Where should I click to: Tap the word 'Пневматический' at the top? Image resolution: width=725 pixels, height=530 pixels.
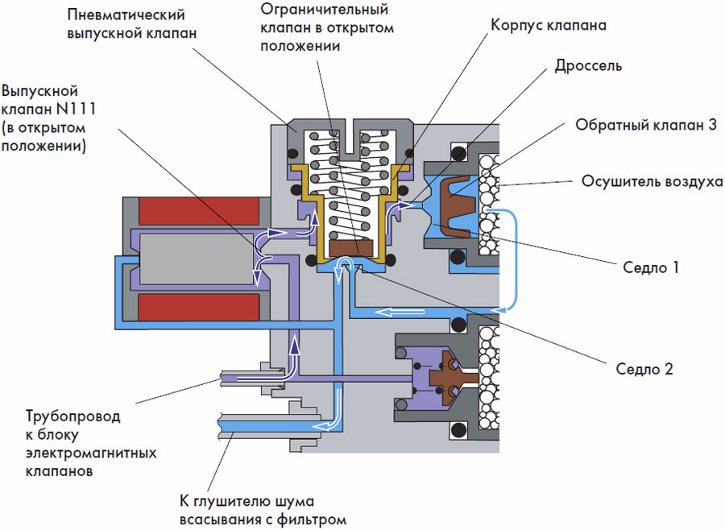(129, 15)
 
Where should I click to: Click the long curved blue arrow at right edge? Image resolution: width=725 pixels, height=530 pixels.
(512, 258)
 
